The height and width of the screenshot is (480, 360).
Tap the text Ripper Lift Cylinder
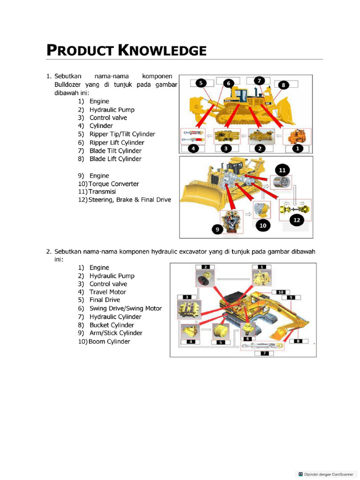tap(117, 142)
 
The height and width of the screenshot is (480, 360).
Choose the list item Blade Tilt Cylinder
tap(115, 150)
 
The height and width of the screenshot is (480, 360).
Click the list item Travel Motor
tap(107, 292)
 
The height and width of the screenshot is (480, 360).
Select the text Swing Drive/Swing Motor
tap(125, 308)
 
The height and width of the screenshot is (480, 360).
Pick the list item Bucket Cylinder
tap(112, 325)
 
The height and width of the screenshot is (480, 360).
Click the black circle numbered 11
tap(282, 170)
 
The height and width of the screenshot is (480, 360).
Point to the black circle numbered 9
tap(217, 229)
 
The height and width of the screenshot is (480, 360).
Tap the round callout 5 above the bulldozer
tap(201, 83)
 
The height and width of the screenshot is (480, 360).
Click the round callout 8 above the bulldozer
tap(283, 85)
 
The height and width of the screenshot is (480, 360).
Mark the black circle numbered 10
tap(262, 225)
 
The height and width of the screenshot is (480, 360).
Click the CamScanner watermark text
tap(324, 474)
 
